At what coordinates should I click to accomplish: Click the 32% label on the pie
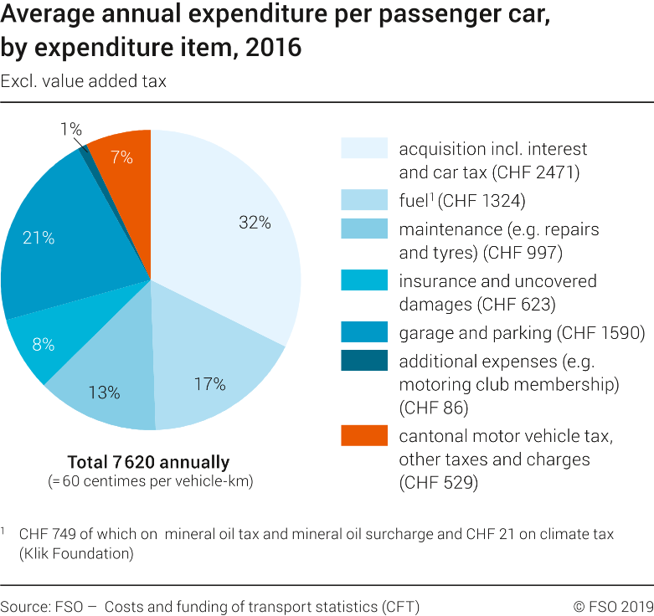click(x=254, y=223)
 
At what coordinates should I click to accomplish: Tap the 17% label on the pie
click(x=209, y=384)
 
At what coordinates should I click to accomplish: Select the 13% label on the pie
click(x=104, y=392)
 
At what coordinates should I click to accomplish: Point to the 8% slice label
click(x=44, y=344)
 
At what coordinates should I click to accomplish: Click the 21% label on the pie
click(x=39, y=238)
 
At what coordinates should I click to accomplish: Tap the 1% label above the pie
click(x=70, y=129)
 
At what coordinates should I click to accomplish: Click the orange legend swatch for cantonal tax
click(x=363, y=436)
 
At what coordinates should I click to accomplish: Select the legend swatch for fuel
click(x=363, y=200)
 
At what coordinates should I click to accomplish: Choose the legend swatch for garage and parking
click(x=363, y=332)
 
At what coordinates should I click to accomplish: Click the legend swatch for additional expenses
click(x=363, y=361)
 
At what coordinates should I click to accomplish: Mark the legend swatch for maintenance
click(x=363, y=228)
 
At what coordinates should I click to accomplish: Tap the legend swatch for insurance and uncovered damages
click(x=363, y=280)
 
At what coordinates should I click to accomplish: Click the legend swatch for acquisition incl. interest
click(x=363, y=148)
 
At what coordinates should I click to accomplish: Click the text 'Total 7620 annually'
click(x=148, y=462)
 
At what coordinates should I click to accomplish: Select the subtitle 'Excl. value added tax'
click(x=84, y=81)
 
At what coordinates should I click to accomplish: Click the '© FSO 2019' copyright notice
click(x=613, y=606)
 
